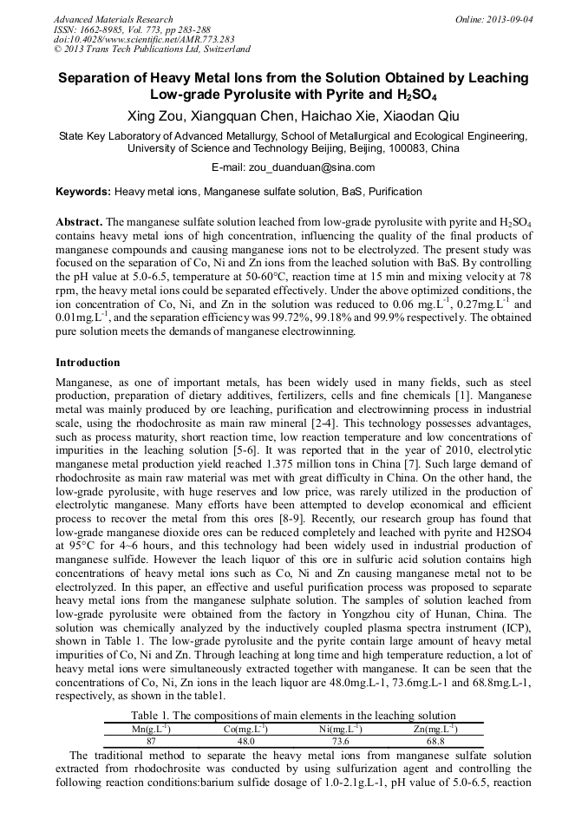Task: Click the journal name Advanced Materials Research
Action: pyautogui.click(x=113, y=19)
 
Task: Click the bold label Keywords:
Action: pyautogui.click(x=83, y=192)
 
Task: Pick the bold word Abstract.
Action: pyautogui.click(x=80, y=222)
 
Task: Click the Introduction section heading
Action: pyautogui.click(x=88, y=362)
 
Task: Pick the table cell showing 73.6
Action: pyautogui.click(x=340, y=742)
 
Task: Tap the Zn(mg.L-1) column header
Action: pyautogui.click(x=435, y=729)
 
